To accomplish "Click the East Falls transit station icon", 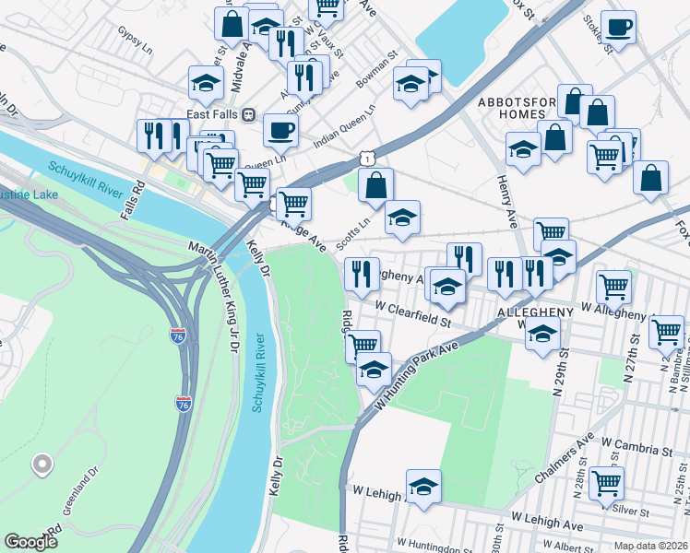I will coord(248,115).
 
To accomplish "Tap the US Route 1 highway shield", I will coord(368,159).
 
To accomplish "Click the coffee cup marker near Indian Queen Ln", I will coord(280,130).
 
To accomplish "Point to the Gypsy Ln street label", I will coord(135,31).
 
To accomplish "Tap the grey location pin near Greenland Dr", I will coord(42,465).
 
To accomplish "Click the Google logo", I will coord(30,542).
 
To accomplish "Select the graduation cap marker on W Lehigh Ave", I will coord(423,487).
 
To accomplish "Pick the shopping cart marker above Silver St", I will coord(606,482).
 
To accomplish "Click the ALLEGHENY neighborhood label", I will coord(536,312).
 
